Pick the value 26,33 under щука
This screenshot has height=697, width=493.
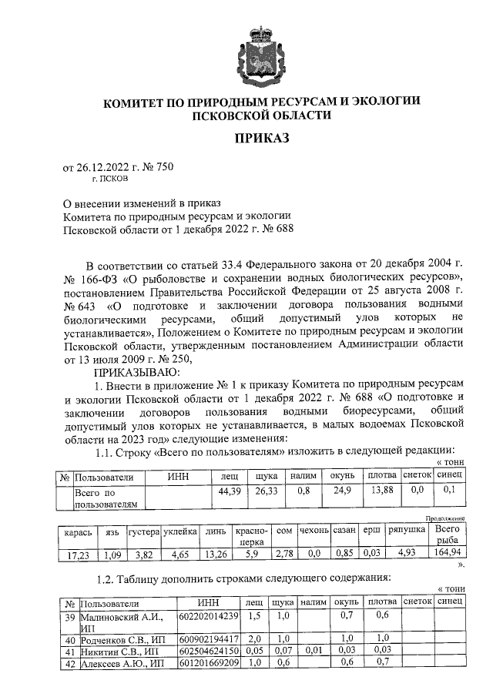coord(265,491)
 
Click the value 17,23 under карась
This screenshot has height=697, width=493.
coord(78,554)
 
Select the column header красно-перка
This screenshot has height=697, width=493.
coord(252,536)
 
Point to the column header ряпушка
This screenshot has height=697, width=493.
coord(407,531)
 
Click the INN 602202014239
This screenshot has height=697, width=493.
coord(208,618)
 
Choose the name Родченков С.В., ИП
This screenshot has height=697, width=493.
coord(123,638)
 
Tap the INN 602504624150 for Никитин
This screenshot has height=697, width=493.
coord(208,651)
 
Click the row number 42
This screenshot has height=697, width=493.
coord(69,663)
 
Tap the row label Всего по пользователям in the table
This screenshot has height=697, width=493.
coord(106,498)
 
